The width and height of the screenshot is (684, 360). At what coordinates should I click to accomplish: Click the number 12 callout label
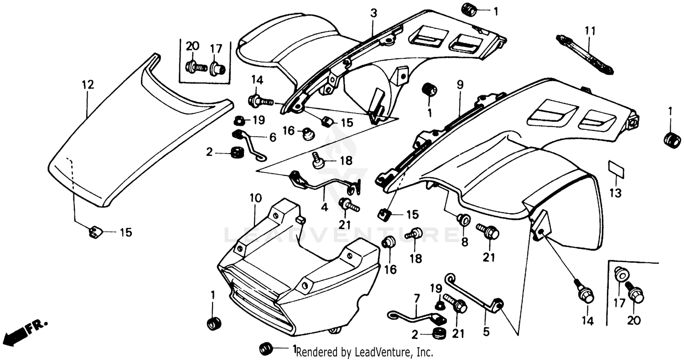pyautogui.click(x=88, y=84)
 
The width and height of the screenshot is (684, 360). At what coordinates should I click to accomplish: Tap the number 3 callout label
pyautogui.click(x=373, y=14)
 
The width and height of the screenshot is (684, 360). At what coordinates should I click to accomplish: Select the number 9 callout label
pyautogui.click(x=460, y=84)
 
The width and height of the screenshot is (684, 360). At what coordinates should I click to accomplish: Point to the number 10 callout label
pyautogui.click(x=255, y=198)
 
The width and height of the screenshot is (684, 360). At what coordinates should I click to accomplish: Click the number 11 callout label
pyautogui.click(x=590, y=31)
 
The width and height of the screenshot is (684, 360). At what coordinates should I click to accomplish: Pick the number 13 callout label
pyautogui.click(x=615, y=193)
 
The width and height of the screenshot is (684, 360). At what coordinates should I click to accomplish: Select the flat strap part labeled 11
pyautogui.click(x=585, y=54)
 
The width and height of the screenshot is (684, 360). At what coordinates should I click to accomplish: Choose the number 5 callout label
pyautogui.click(x=486, y=332)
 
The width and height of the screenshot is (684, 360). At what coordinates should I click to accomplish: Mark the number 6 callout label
pyautogui.click(x=272, y=137)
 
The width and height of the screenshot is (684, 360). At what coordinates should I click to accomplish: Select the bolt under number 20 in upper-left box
pyautogui.click(x=195, y=67)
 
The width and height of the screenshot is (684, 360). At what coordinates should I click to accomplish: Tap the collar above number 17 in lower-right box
pyautogui.click(x=621, y=275)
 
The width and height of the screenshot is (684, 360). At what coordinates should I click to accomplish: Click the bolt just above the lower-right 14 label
pyautogui.click(x=585, y=293)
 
